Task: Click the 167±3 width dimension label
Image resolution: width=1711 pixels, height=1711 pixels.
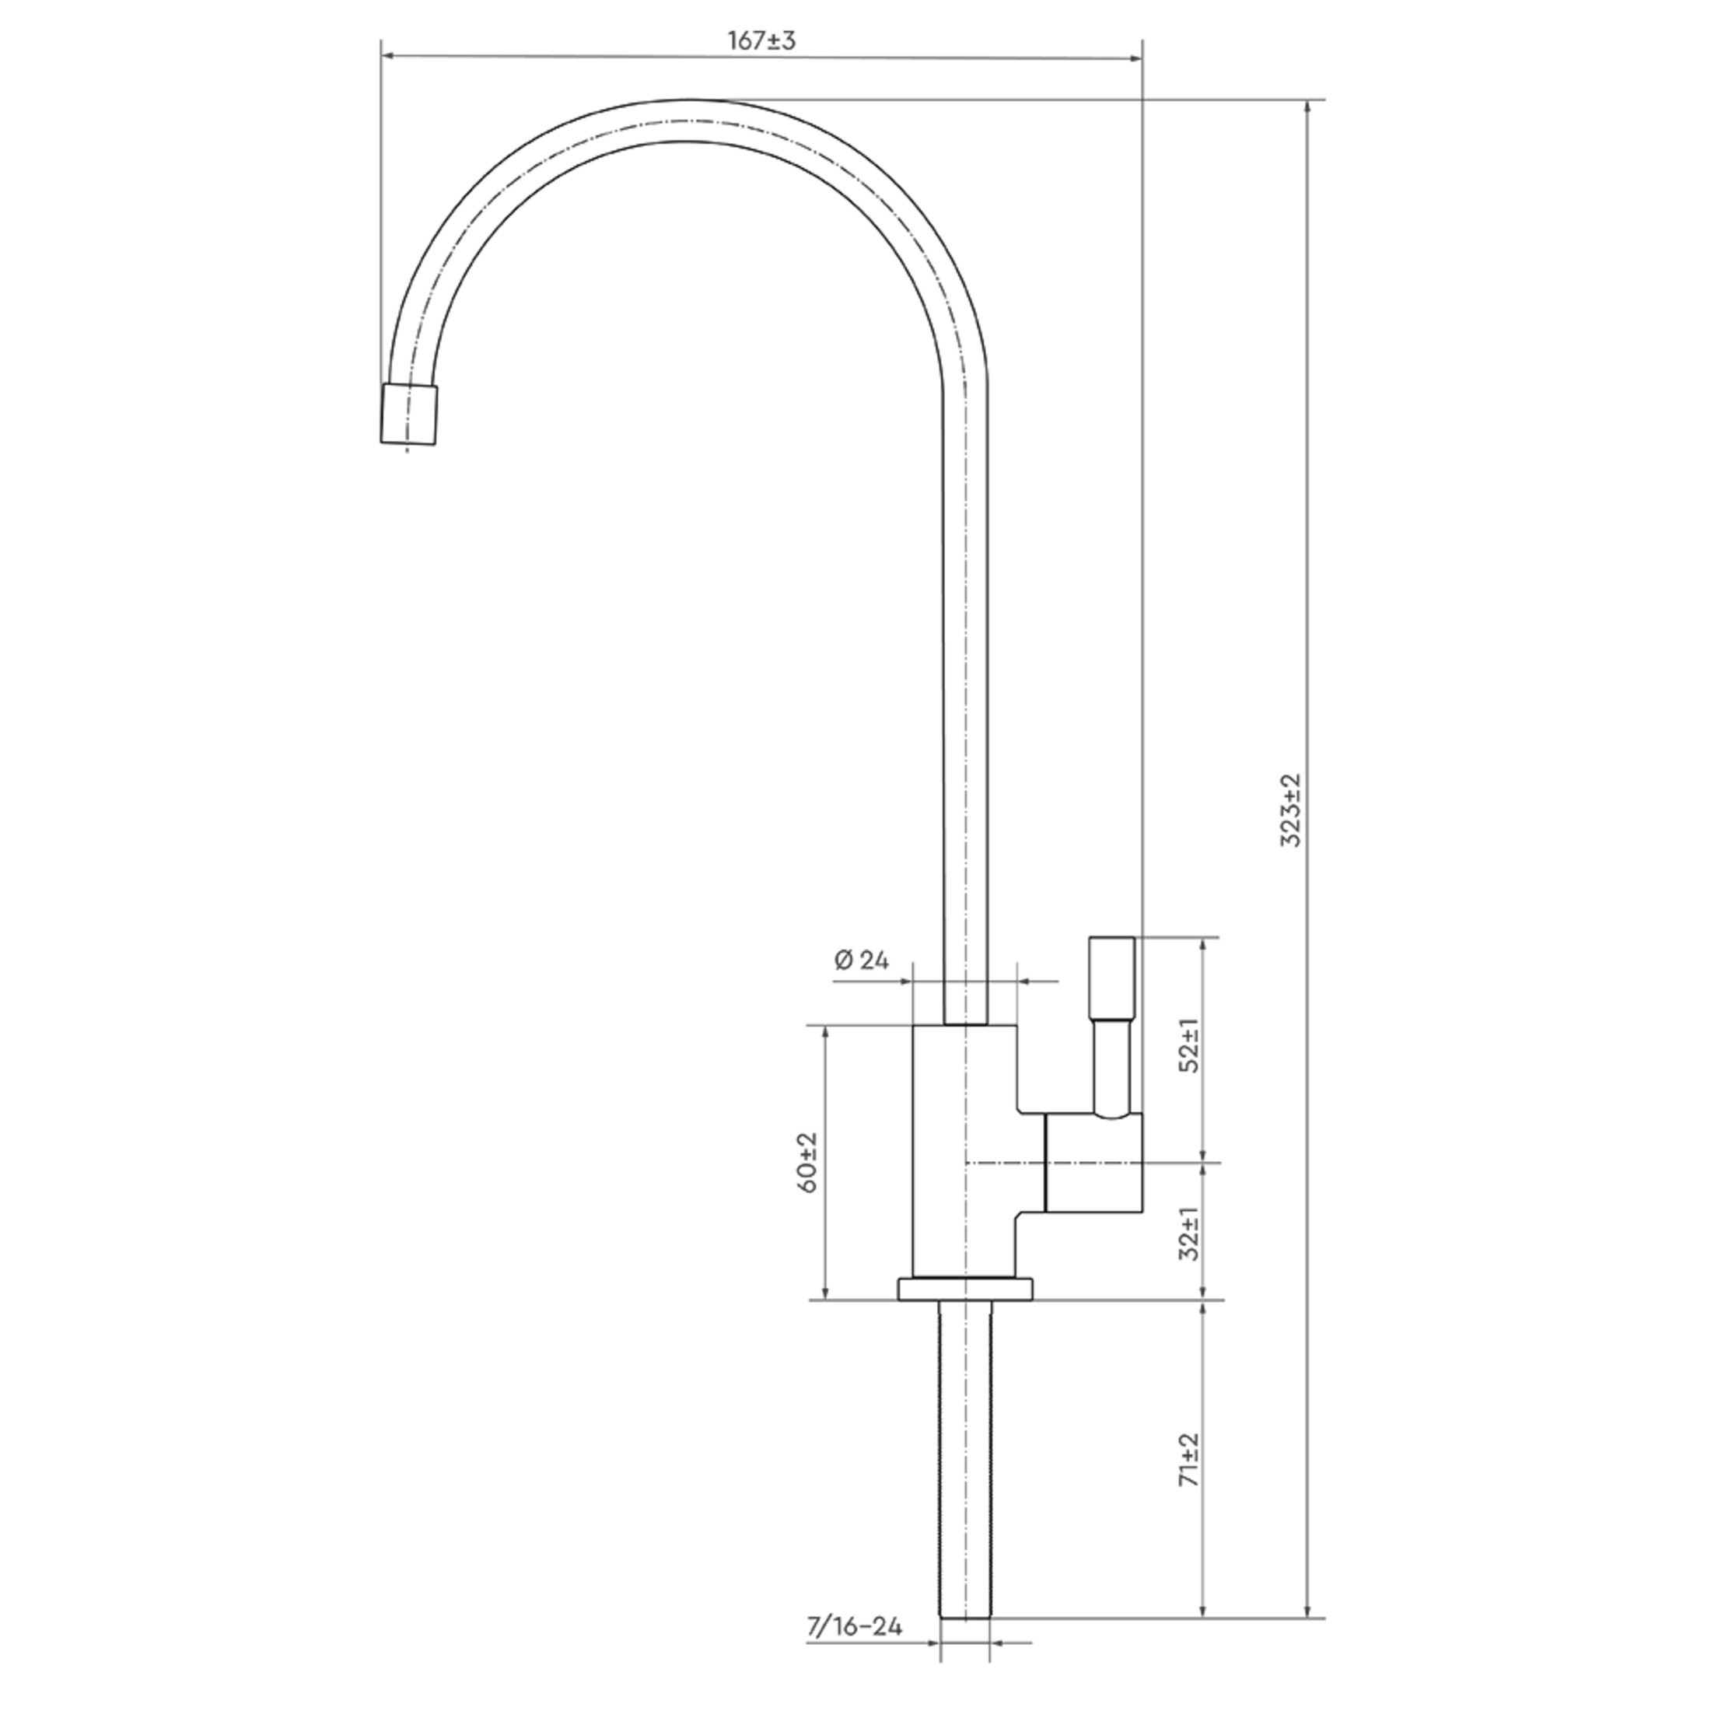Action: [761, 40]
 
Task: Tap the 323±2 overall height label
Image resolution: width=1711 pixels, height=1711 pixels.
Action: [1292, 810]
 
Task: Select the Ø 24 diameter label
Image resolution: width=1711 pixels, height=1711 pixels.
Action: [861, 960]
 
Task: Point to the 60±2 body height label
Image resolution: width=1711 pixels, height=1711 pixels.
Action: [809, 1162]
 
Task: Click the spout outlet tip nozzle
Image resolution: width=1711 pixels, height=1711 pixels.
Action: [409, 414]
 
